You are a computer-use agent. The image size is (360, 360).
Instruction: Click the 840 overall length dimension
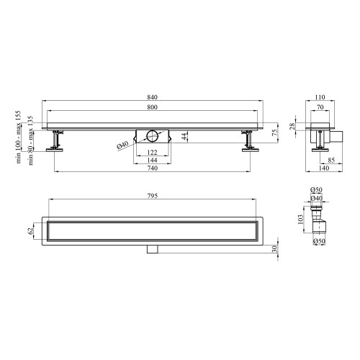pos(153,97)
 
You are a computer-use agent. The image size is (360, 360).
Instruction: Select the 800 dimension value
pos(153,107)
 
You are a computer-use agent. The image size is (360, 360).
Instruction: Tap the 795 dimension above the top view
pos(153,196)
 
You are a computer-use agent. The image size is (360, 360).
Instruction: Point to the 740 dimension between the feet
pos(153,168)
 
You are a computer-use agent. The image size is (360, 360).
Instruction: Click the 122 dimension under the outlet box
pos(153,152)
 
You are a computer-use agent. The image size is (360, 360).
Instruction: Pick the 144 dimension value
pos(153,160)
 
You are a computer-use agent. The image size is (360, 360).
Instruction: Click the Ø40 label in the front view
pos(122,145)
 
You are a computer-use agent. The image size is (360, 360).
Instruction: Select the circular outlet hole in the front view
pos(153,136)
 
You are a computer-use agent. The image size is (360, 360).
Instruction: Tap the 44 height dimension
pos(184,136)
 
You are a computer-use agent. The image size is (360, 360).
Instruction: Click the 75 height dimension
pos(275,132)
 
